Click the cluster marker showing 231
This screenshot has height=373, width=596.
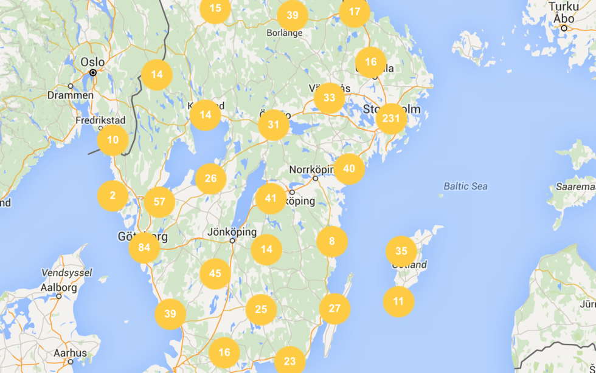point(391,119)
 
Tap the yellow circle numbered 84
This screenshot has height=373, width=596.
point(144,247)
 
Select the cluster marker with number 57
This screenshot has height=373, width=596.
point(159,202)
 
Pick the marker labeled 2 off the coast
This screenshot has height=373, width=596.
point(113,196)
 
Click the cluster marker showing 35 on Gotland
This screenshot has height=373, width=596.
point(401,251)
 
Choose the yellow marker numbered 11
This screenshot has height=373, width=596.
point(398,301)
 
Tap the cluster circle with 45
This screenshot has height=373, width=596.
point(215,273)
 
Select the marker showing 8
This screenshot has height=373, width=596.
point(332,241)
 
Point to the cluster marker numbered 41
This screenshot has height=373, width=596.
point(271,198)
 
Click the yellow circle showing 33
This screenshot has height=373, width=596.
point(329,97)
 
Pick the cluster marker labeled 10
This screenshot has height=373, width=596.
point(113,140)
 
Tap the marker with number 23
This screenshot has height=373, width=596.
point(289,361)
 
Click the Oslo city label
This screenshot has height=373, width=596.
point(92,62)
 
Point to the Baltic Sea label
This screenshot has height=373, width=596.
point(465,187)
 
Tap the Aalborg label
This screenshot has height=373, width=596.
point(59,288)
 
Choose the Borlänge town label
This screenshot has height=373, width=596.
point(285,33)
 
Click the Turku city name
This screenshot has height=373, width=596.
point(564,7)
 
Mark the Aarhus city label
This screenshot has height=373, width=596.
point(69,353)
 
